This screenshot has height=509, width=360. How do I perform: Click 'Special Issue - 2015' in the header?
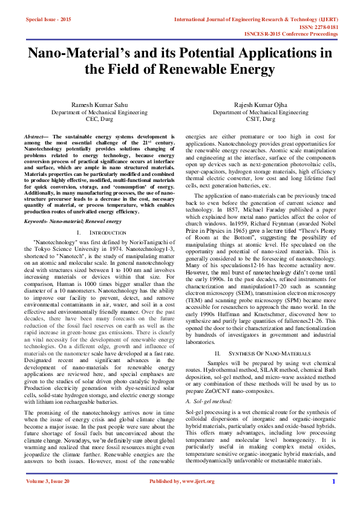pyautogui.click(x=48, y=20)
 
